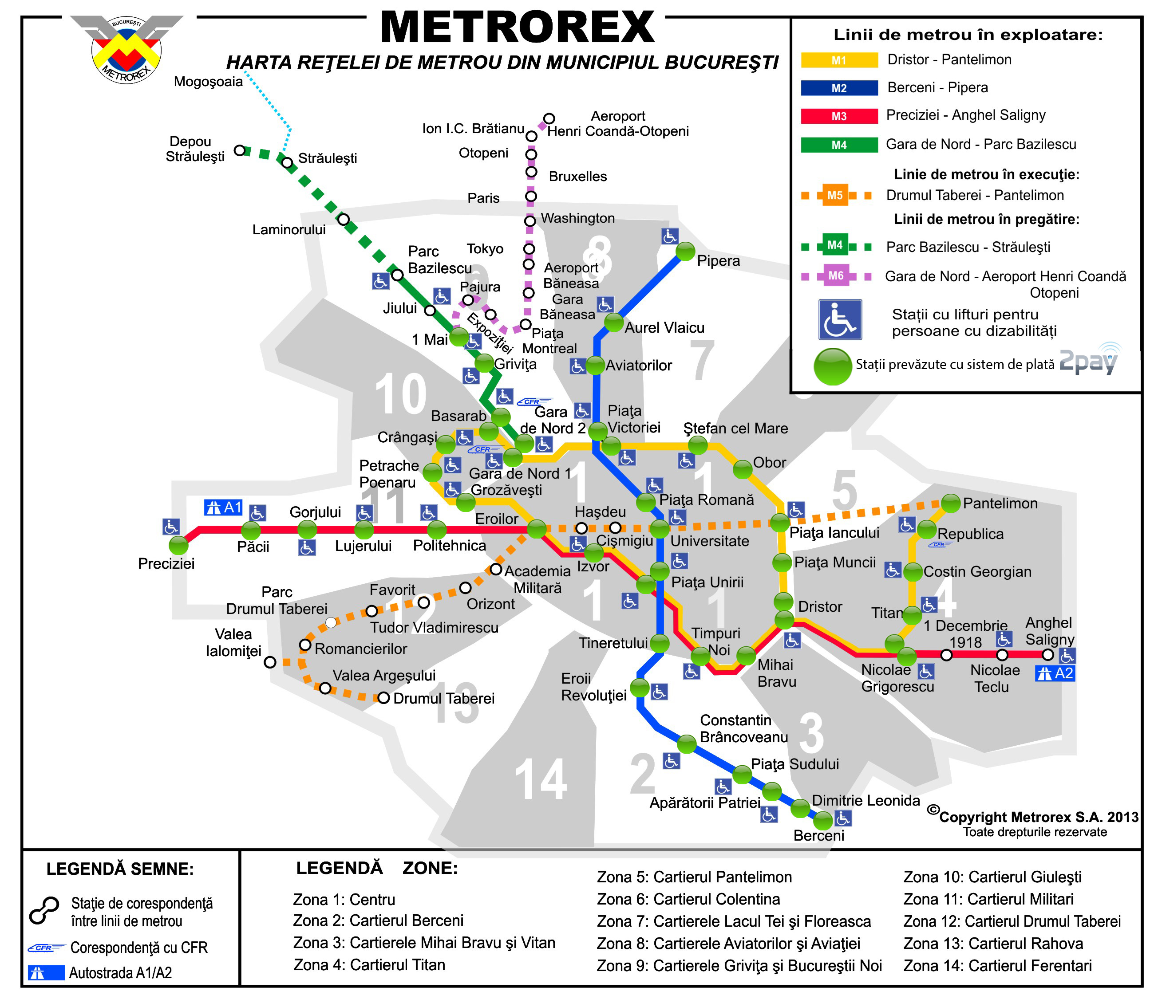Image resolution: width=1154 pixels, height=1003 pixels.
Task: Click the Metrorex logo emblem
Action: point(126,49)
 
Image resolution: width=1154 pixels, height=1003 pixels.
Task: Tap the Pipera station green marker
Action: point(685,252)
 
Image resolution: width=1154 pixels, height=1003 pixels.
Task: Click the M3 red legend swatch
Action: point(838,116)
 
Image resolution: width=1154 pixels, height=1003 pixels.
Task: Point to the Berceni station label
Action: point(818,836)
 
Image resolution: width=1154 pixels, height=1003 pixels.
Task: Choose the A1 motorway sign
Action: point(223,507)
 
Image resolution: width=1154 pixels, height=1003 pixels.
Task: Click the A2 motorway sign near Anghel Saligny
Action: point(1055,673)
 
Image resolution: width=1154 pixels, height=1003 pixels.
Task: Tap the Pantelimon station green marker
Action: point(950,503)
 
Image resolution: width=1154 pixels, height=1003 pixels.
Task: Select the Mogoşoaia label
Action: point(208,82)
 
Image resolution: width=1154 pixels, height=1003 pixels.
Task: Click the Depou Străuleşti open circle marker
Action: point(240,150)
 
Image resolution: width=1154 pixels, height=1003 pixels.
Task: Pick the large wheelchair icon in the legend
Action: point(840,319)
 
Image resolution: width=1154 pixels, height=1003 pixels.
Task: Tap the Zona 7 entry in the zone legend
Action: point(734,921)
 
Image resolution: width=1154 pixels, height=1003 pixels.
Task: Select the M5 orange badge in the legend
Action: point(835,195)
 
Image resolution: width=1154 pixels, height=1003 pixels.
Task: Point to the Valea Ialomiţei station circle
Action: point(270,662)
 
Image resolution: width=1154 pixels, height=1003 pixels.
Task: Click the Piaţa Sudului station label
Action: point(794,764)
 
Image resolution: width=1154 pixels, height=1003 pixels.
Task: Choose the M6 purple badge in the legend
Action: point(835,275)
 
